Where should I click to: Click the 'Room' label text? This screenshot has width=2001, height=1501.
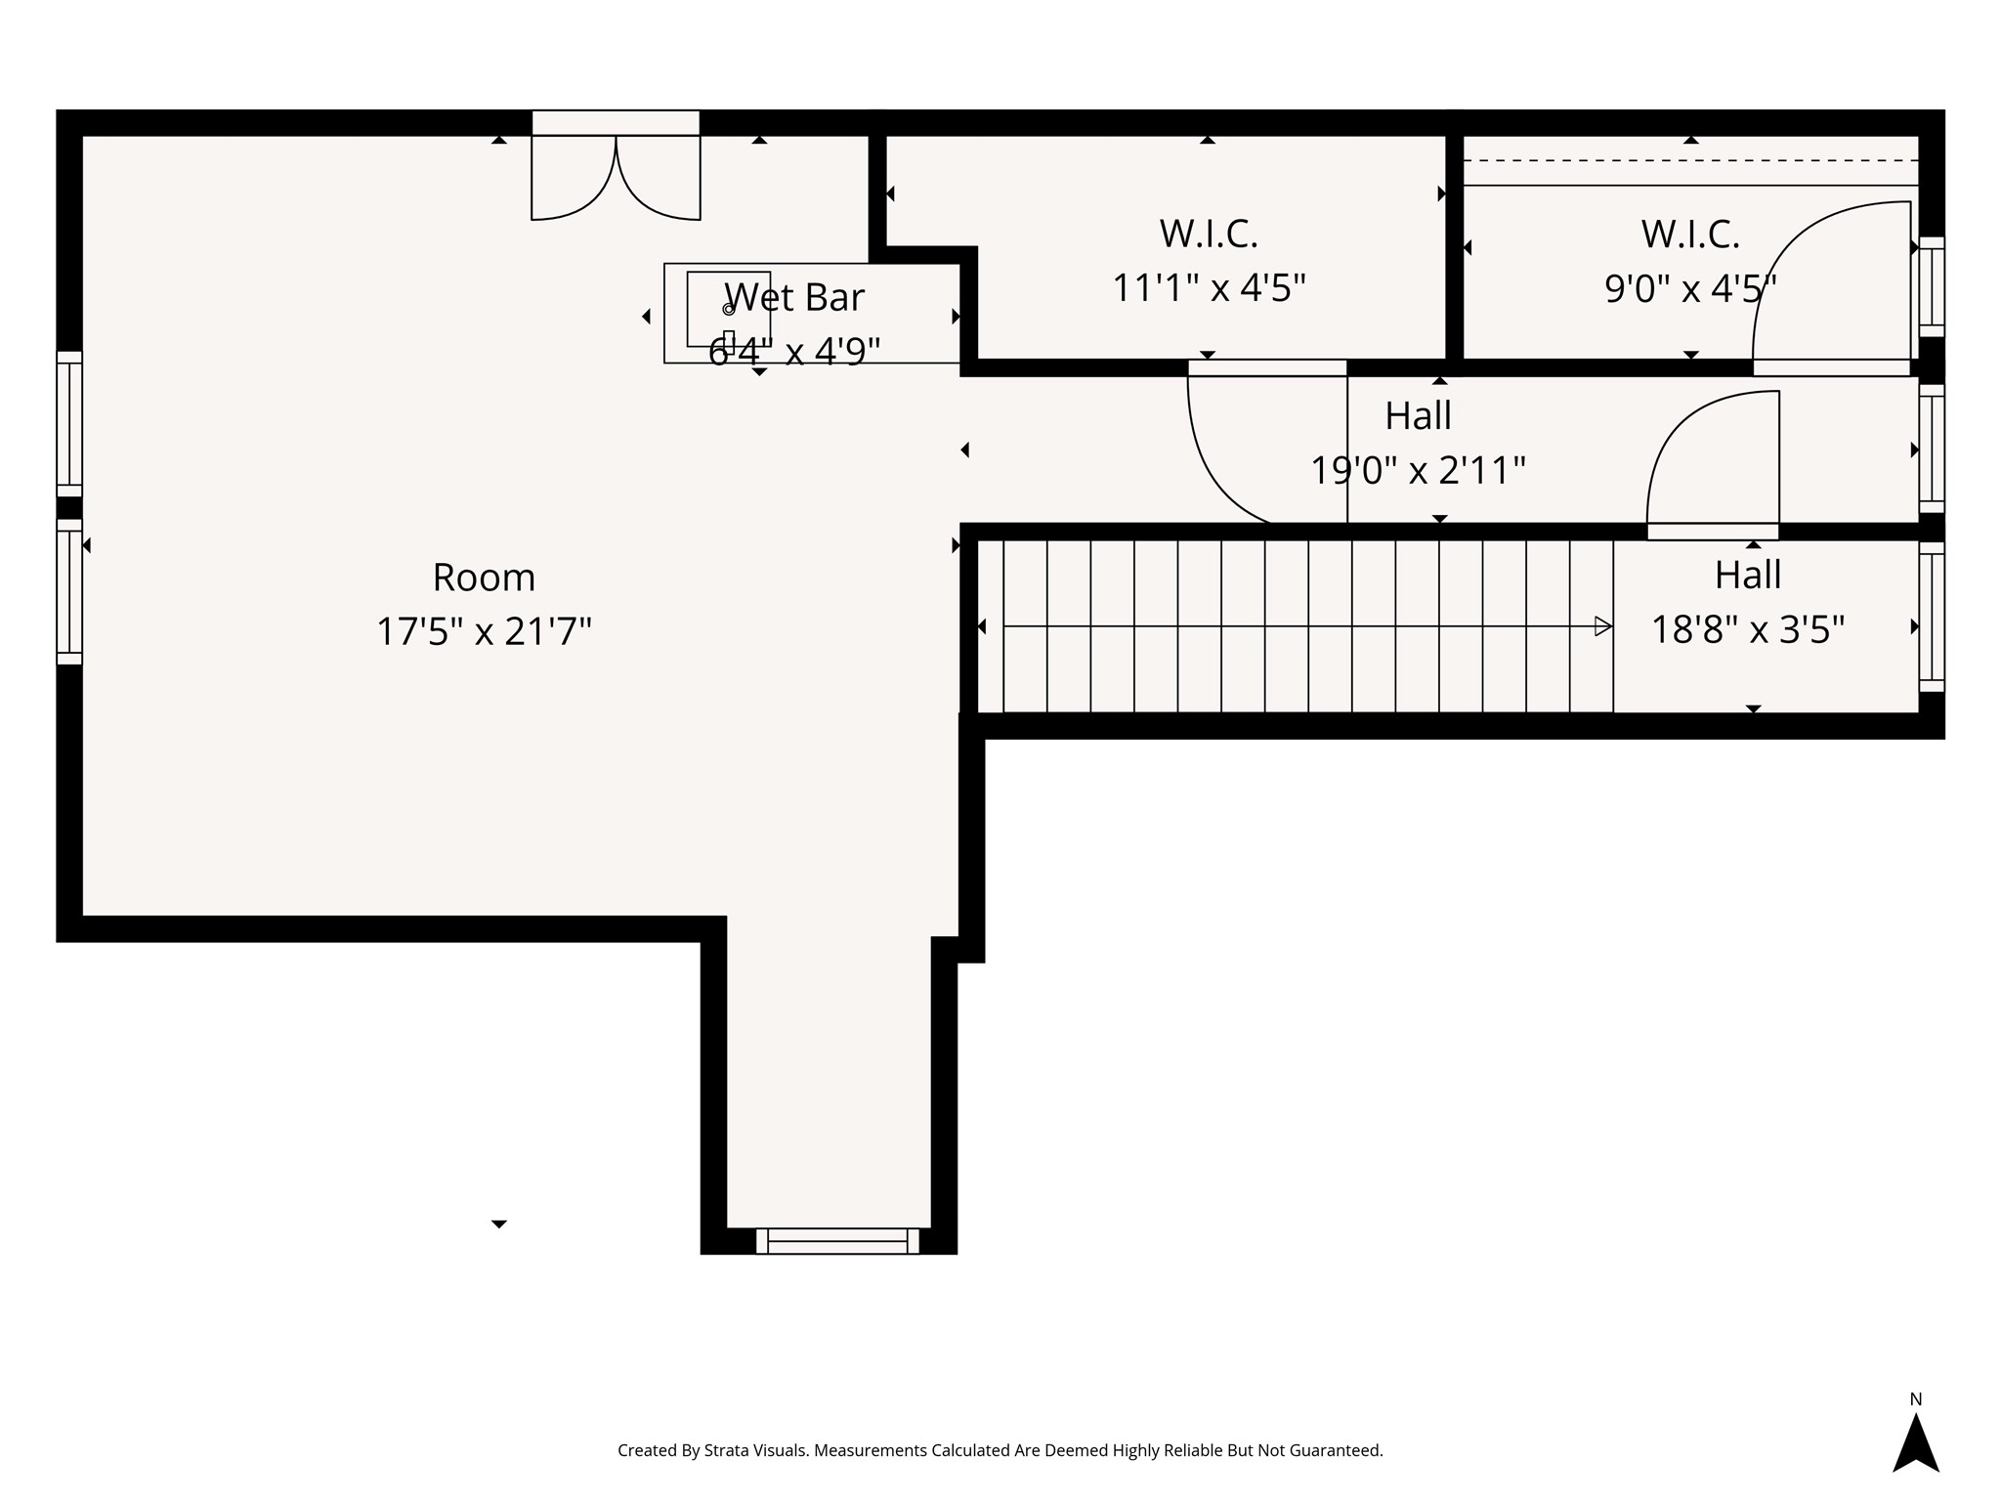click(x=484, y=578)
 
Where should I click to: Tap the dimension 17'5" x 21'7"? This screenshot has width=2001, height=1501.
click(x=484, y=632)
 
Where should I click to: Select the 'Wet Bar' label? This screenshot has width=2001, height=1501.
click(x=794, y=297)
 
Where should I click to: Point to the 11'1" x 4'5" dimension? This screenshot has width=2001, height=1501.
click(x=1209, y=288)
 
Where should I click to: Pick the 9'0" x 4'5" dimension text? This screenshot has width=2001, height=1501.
click(x=1690, y=289)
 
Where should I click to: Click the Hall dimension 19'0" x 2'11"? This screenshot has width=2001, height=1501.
click(x=1418, y=471)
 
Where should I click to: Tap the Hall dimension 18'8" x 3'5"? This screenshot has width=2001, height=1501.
click(x=1748, y=630)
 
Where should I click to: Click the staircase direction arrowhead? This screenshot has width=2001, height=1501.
click(x=1602, y=626)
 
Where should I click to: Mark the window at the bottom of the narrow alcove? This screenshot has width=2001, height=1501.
click(x=837, y=1241)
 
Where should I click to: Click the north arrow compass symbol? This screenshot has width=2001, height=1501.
click(x=1915, y=1443)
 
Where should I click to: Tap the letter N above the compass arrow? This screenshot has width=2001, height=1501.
click(x=1915, y=1399)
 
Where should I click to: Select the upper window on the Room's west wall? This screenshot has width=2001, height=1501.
click(x=69, y=424)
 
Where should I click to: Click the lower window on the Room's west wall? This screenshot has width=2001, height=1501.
click(x=69, y=592)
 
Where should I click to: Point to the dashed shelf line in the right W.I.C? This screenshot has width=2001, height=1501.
click(x=1690, y=160)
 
